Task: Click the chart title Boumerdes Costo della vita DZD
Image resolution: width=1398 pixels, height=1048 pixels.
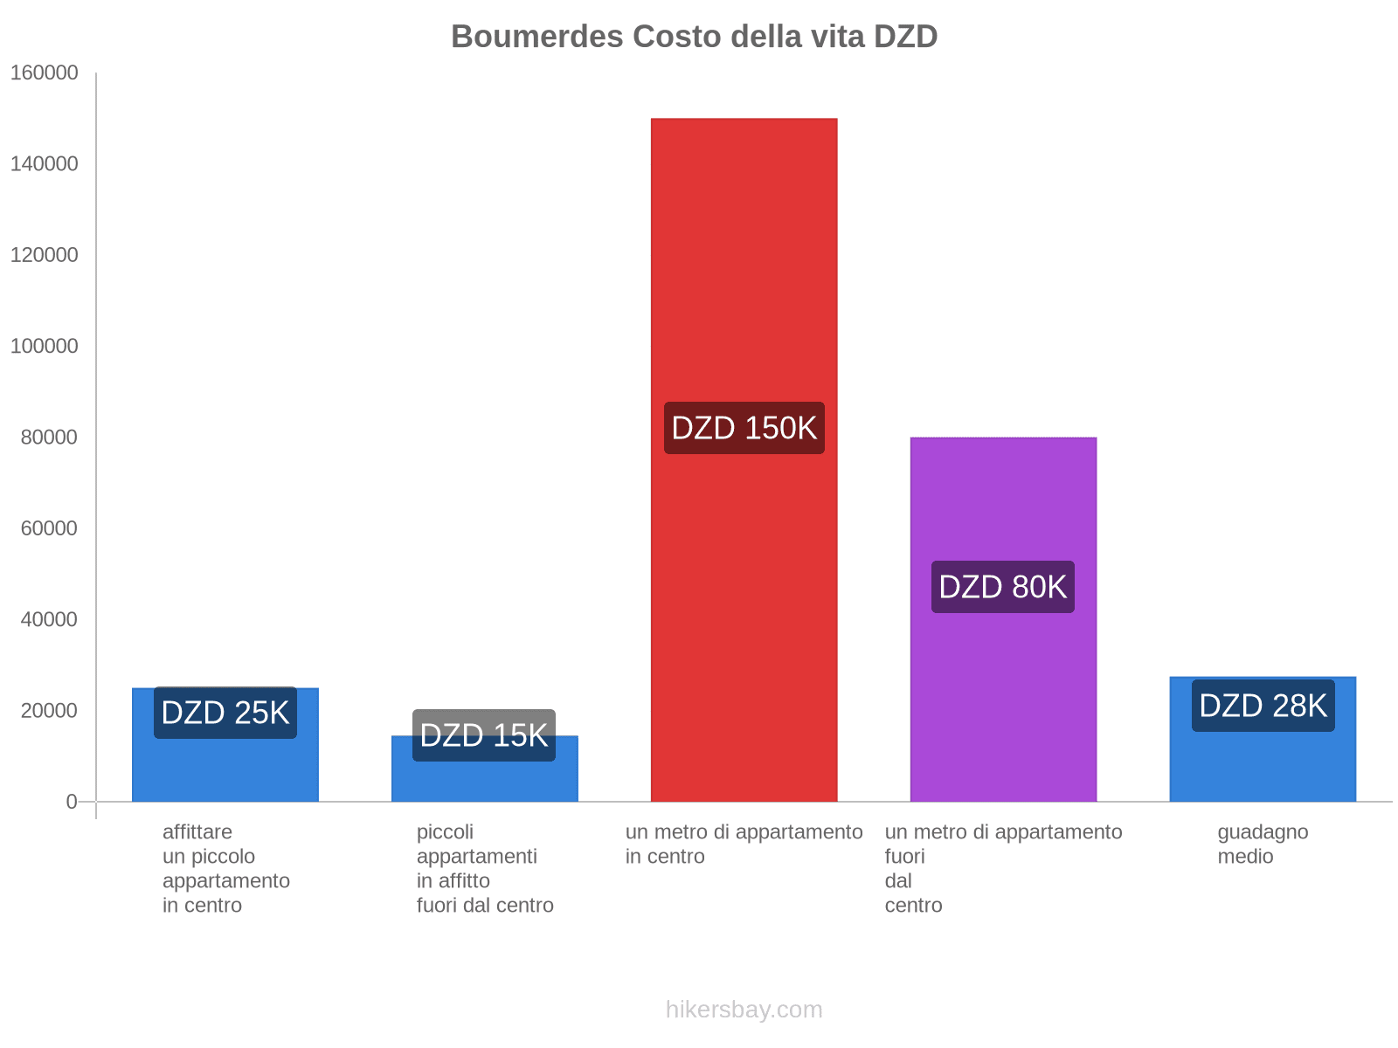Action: tap(694, 37)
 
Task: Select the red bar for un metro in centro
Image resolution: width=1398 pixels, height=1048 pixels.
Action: tap(744, 262)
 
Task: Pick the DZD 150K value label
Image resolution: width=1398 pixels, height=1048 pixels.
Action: tap(744, 428)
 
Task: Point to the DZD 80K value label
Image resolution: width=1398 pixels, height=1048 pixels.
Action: tap(1003, 587)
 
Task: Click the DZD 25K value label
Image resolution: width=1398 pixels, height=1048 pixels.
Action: tap(225, 713)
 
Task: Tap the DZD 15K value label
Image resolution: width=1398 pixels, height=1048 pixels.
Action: tap(484, 735)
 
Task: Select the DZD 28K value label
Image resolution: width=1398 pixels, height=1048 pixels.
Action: tap(1263, 706)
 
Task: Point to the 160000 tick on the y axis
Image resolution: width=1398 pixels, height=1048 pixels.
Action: tap(44, 73)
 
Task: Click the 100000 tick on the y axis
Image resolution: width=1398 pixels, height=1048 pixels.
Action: tap(44, 347)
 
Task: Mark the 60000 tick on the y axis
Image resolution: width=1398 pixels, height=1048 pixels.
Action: tap(49, 528)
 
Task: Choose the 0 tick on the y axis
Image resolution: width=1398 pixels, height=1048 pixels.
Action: tap(72, 802)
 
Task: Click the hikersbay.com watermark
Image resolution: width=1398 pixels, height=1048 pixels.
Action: tap(744, 1010)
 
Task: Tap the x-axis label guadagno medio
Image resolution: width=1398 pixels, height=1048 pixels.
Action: tap(1263, 844)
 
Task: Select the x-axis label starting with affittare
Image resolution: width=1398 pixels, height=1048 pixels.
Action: tap(225, 868)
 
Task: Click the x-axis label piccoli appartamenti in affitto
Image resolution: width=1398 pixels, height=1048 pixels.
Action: tap(484, 868)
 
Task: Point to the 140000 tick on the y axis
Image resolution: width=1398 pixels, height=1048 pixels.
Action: tap(44, 164)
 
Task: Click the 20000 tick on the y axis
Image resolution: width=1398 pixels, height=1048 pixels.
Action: tap(49, 711)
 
